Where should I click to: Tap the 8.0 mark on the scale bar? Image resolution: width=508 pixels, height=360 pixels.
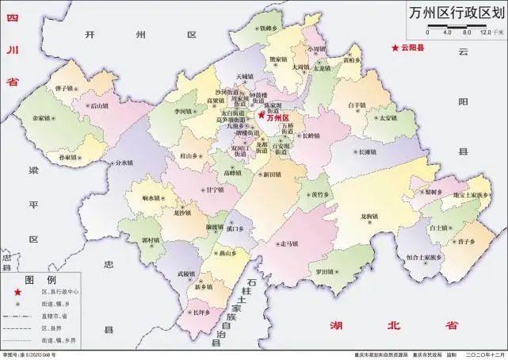click(467, 33)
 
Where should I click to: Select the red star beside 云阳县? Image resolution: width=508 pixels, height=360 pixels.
click(395, 49)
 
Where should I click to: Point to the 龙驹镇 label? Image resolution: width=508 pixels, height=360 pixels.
click(370, 216)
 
